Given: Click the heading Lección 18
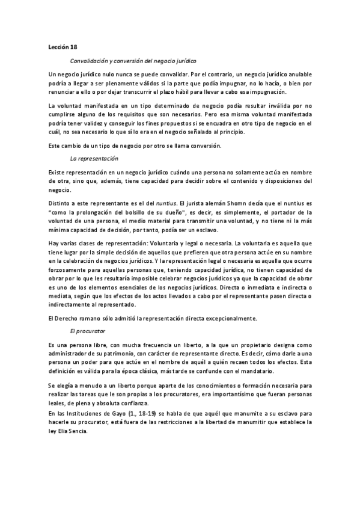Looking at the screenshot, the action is pos(63,46).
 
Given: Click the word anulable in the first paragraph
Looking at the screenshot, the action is pos(296,73).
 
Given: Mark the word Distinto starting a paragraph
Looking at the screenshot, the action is pos(61,204).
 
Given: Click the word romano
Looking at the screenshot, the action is pos(93,318).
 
